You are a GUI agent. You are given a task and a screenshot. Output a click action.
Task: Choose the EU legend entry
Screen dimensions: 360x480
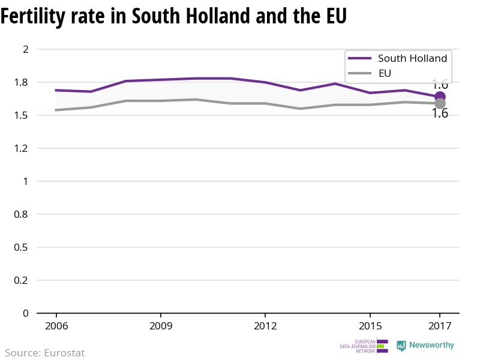[385, 74]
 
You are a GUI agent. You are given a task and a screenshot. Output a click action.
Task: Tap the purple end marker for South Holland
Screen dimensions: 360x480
[440, 97]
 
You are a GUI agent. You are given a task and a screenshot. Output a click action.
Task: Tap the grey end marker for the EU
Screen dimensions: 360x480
[440, 104]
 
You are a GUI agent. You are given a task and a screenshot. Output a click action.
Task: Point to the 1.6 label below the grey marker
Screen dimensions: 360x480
[440, 113]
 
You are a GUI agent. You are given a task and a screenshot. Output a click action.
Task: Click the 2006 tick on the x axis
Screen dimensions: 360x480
[56, 326]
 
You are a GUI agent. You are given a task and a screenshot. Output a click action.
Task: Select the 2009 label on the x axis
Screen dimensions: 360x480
[161, 326]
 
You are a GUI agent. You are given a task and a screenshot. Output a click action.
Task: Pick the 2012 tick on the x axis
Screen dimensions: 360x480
[265, 326]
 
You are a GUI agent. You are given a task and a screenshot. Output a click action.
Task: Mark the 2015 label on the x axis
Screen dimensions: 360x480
[370, 326]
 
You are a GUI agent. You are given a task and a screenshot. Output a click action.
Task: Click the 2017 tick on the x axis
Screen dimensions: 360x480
[440, 326]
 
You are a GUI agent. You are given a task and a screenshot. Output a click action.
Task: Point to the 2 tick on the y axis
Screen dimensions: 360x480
[26, 49]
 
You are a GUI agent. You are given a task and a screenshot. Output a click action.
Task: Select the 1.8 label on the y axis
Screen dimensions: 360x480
[22, 82]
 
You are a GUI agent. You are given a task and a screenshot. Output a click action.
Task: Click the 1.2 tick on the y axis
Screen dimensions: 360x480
[22, 148]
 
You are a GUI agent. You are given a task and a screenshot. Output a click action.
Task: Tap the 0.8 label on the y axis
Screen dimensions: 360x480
[22, 214]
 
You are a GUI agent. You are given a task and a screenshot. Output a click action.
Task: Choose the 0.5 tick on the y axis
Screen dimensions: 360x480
[22, 247]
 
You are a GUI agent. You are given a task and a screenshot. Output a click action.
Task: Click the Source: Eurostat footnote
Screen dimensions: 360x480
[45, 353]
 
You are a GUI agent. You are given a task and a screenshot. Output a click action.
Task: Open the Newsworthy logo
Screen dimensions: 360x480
[425, 346]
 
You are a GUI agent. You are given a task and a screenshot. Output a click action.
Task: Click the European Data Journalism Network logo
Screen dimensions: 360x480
[364, 346]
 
